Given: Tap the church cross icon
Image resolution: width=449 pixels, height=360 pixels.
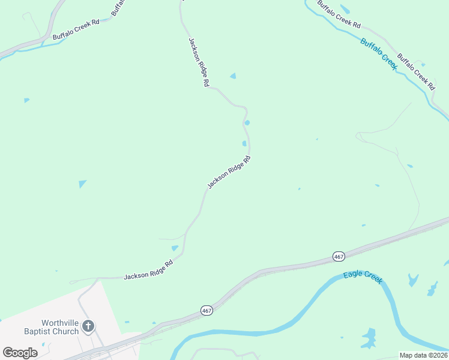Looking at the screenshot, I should point(88,326).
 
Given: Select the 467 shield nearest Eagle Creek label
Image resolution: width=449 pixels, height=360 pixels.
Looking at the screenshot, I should point(339,256).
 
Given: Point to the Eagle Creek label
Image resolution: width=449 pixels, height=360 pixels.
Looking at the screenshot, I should point(363,278).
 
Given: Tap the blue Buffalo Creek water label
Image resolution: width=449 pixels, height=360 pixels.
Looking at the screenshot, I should point(379,54).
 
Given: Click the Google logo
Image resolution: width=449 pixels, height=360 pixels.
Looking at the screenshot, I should point(20,353).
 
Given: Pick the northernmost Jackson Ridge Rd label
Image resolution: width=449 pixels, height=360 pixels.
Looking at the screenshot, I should point(197,63).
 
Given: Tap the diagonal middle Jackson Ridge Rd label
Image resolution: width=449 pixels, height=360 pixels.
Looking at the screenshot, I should point(228,173).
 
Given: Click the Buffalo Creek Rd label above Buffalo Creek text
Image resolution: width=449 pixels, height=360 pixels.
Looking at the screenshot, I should point(339,14).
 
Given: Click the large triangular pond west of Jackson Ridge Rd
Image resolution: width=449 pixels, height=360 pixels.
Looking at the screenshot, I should point(82,184).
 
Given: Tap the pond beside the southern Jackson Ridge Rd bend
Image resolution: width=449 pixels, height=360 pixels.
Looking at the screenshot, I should point(175,248).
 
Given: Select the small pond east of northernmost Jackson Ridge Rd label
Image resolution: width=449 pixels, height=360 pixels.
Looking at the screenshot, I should point(233,76).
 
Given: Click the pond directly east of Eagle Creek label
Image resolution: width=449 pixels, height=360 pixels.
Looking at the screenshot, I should point(413,280).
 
